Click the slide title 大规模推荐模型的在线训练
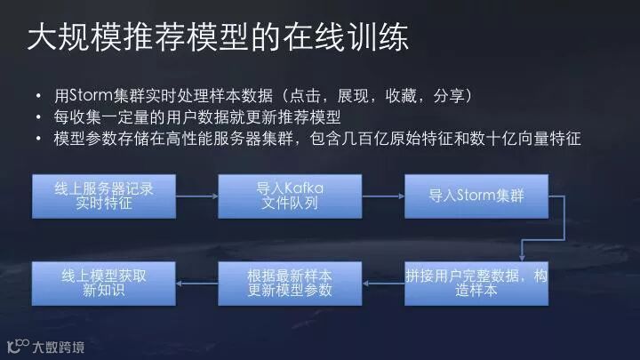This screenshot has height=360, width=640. click(x=217, y=39)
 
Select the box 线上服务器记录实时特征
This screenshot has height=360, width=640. click(x=102, y=196)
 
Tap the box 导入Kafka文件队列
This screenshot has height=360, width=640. click(x=289, y=196)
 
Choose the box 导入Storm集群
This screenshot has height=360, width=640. click(x=476, y=196)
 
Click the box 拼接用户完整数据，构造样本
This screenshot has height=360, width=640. click(x=476, y=283)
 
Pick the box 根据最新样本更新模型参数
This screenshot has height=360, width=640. click(x=289, y=283)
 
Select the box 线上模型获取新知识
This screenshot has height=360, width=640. click(x=102, y=283)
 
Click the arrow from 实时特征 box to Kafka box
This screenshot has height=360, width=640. click(x=196, y=196)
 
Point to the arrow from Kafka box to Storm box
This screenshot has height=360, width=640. click(x=382, y=196)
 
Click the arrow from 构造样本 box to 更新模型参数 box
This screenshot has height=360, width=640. click(x=382, y=283)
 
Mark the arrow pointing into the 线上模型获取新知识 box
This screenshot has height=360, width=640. click(x=196, y=283)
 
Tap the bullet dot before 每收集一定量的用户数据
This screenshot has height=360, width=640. click(x=37, y=118)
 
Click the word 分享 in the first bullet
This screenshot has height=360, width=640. click(x=454, y=95)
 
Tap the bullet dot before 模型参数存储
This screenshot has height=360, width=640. click(x=37, y=140)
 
